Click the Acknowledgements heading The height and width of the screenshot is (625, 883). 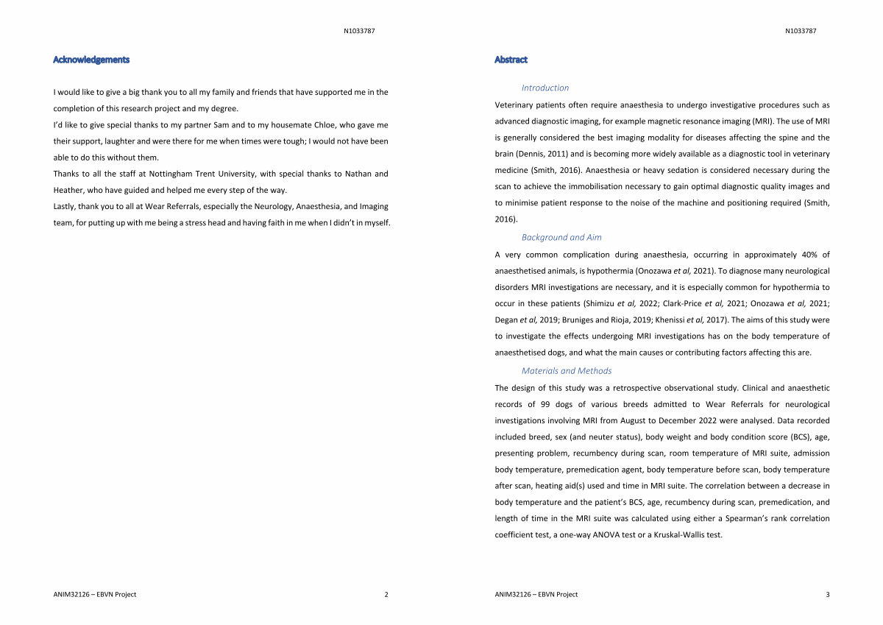(x=91, y=60)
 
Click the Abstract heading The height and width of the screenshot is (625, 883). (x=511, y=60)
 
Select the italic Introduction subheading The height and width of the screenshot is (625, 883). (x=545, y=88)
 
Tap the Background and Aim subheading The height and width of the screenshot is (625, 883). (x=561, y=237)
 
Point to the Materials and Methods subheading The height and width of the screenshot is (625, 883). (x=567, y=371)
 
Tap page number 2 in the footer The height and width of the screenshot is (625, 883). (x=386, y=595)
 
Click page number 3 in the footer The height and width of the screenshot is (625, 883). (x=828, y=595)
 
